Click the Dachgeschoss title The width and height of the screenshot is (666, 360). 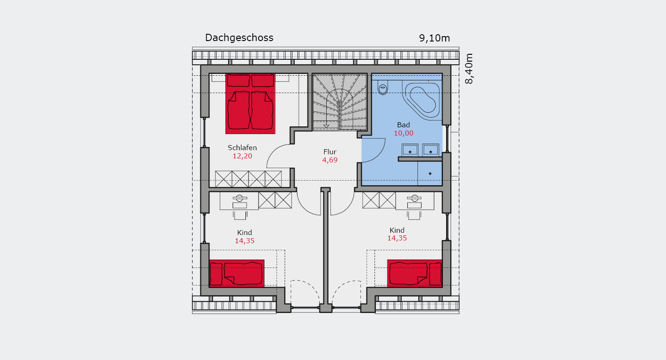tap(239, 38)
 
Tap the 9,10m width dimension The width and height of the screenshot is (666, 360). tap(434, 38)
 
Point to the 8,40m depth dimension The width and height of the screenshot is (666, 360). tap(469, 69)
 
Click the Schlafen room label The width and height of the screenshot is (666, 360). tap(242, 148)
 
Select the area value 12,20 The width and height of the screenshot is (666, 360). tap(242, 156)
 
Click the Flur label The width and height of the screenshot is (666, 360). tap(330, 152)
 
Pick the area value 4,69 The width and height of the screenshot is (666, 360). tap(330, 160)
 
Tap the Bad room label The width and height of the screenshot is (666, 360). tap(403, 125)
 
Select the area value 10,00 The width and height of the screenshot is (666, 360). tap(403, 133)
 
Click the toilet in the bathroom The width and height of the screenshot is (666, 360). tap(383, 88)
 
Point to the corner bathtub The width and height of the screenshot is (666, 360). tap(422, 100)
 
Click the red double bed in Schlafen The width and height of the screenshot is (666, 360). tap(250, 104)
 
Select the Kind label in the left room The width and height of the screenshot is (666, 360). tap(245, 232)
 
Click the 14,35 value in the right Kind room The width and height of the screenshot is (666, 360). tap(397, 238)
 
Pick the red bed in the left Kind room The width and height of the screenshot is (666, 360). tap(237, 273)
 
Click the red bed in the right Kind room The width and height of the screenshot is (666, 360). tap(415, 273)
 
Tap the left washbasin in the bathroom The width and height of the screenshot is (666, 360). tap(410, 150)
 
